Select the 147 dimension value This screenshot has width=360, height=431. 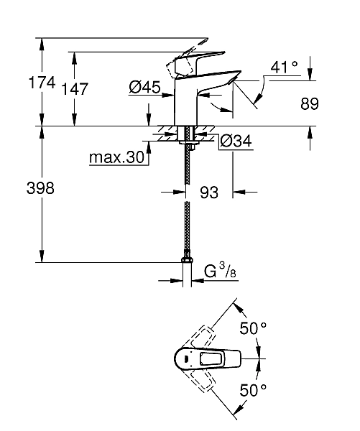[75, 89]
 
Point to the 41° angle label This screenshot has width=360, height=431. [284, 67]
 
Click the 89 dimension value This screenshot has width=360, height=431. [309, 104]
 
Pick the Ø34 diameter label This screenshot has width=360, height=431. [235, 141]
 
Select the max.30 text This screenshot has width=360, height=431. [117, 157]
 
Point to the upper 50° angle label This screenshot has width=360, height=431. [253, 328]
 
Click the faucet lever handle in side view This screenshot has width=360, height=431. [193, 60]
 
